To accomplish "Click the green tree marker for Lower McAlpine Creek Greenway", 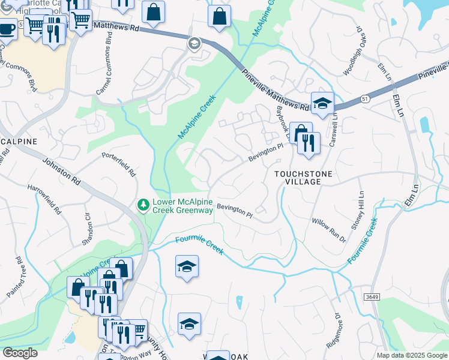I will coord(143,206).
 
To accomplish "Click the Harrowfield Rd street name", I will coord(44,200).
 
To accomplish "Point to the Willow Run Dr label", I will coord(328,229).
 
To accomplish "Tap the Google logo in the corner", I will coord(20,352).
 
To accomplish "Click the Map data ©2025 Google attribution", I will coord(411,355).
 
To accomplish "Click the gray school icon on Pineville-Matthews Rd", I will coord(194,43).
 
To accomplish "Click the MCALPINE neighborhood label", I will coord(19,141).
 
